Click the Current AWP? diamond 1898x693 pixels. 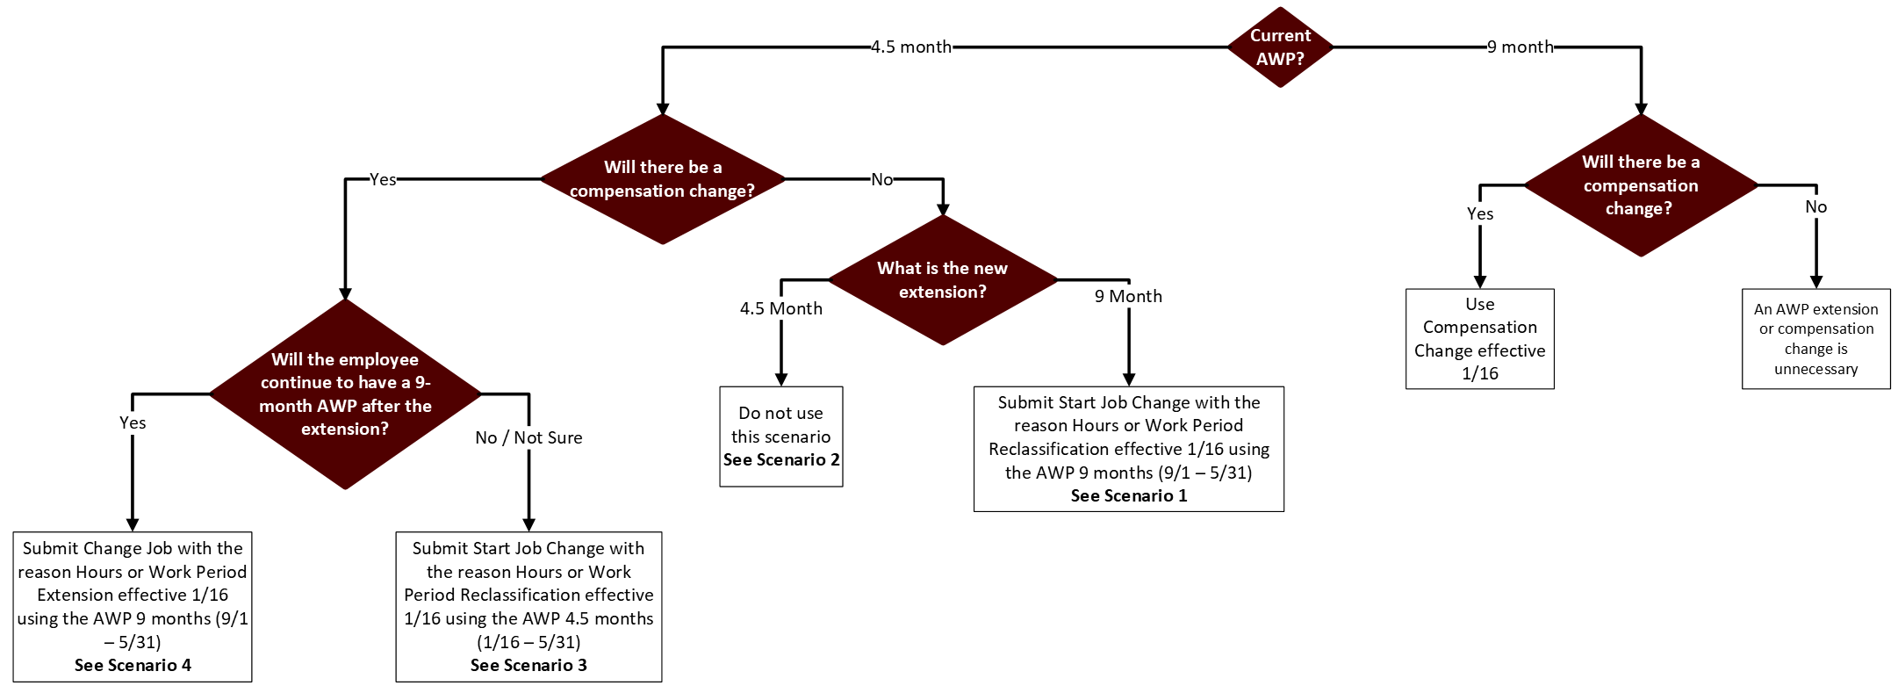[1280, 47]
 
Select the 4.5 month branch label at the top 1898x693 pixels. [910, 47]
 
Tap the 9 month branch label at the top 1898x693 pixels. [1520, 47]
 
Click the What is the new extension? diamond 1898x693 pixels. [942, 280]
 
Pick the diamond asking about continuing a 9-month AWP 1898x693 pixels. [345, 394]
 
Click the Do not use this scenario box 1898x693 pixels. [780, 436]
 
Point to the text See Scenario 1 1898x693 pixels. [1128, 496]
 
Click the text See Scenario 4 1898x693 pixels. [133, 666]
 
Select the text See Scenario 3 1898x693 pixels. [528, 666]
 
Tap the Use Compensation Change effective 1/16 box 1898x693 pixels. [1479, 339]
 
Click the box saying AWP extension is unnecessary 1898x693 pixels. [1815, 339]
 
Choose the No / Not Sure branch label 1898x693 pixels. [528, 437]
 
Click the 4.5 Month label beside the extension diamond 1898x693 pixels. [780, 309]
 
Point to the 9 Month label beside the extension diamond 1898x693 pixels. [1128, 297]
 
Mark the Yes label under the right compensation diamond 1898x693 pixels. [1479, 214]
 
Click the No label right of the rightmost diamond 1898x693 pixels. [1815, 207]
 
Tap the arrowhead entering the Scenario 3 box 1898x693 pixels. [528, 524]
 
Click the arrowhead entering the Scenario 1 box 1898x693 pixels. [1128, 379]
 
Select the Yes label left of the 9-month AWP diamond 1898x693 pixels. [133, 423]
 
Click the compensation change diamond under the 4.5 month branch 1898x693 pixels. [662, 179]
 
